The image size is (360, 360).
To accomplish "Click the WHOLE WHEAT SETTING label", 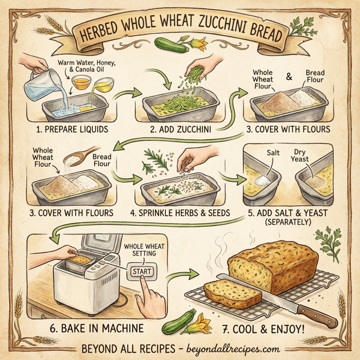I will point(139,251).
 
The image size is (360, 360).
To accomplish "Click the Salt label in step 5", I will point(274,154).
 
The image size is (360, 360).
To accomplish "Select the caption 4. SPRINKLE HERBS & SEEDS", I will point(181,213).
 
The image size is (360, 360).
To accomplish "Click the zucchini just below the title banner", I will point(169,43).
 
